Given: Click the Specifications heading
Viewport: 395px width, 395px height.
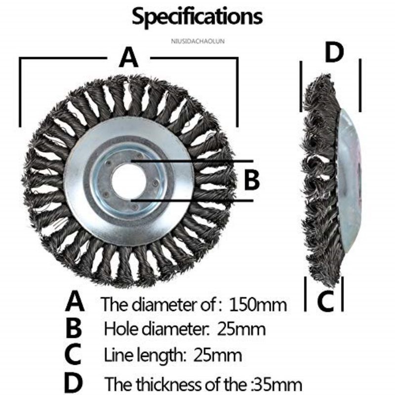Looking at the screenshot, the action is click(197, 17).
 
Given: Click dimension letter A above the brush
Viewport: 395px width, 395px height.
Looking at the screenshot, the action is click(129, 58).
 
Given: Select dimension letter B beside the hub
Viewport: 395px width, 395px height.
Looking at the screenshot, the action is click(252, 181).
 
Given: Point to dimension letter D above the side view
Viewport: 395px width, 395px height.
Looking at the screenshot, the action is click(334, 53).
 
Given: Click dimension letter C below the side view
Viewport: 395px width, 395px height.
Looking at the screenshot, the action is click(325, 300).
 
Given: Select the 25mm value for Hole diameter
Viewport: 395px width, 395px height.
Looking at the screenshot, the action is click(241, 329).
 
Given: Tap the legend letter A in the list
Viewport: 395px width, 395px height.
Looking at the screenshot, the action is click(75, 301).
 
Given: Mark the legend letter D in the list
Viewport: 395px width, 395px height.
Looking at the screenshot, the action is click(74, 382).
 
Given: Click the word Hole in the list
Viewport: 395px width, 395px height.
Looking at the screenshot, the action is click(118, 329).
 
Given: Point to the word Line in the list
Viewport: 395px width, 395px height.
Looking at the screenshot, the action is click(116, 355).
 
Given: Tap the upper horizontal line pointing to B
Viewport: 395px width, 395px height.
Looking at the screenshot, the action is click(193, 161).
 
